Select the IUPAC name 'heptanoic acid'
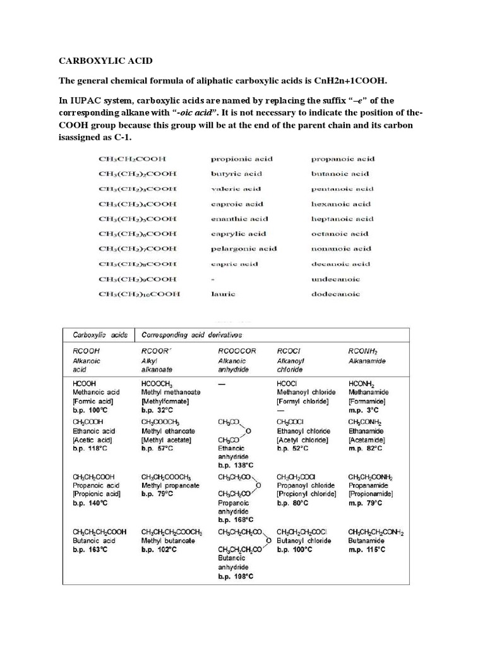(342, 219)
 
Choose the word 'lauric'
(222, 293)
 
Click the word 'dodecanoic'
(335, 293)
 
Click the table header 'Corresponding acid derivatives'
(192, 335)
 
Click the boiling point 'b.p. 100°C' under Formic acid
(90, 409)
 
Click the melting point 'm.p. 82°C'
(366, 448)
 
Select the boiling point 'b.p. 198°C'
(236, 576)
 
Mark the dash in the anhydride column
(222, 383)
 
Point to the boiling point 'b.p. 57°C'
(159, 448)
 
